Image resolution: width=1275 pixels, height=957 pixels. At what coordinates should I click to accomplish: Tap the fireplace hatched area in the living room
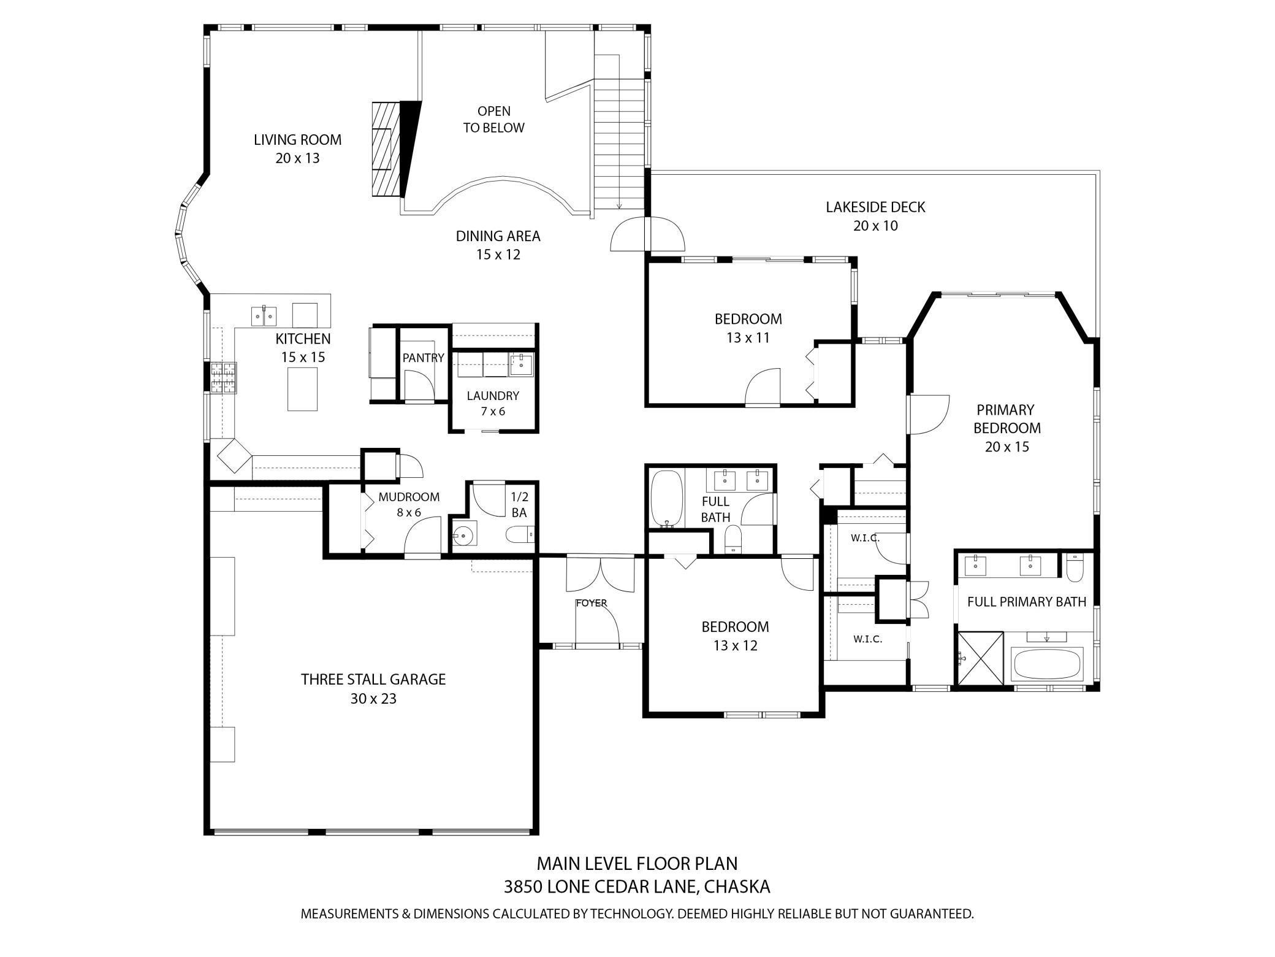point(384,148)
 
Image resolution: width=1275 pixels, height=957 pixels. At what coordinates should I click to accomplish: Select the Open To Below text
point(493,120)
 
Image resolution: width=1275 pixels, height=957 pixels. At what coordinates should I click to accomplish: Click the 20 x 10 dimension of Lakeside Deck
point(875,226)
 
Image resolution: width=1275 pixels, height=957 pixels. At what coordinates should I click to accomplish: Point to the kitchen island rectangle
point(303,389)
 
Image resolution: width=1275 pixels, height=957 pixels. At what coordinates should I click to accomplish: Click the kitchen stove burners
point(224,377)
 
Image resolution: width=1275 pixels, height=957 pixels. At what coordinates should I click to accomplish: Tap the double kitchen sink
point(264,316)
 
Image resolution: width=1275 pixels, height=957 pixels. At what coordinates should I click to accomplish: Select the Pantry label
point(423,358)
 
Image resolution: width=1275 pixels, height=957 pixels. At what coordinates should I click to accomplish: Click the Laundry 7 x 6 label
point(493,403)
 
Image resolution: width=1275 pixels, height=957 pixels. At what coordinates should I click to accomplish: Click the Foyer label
point(592,603)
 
